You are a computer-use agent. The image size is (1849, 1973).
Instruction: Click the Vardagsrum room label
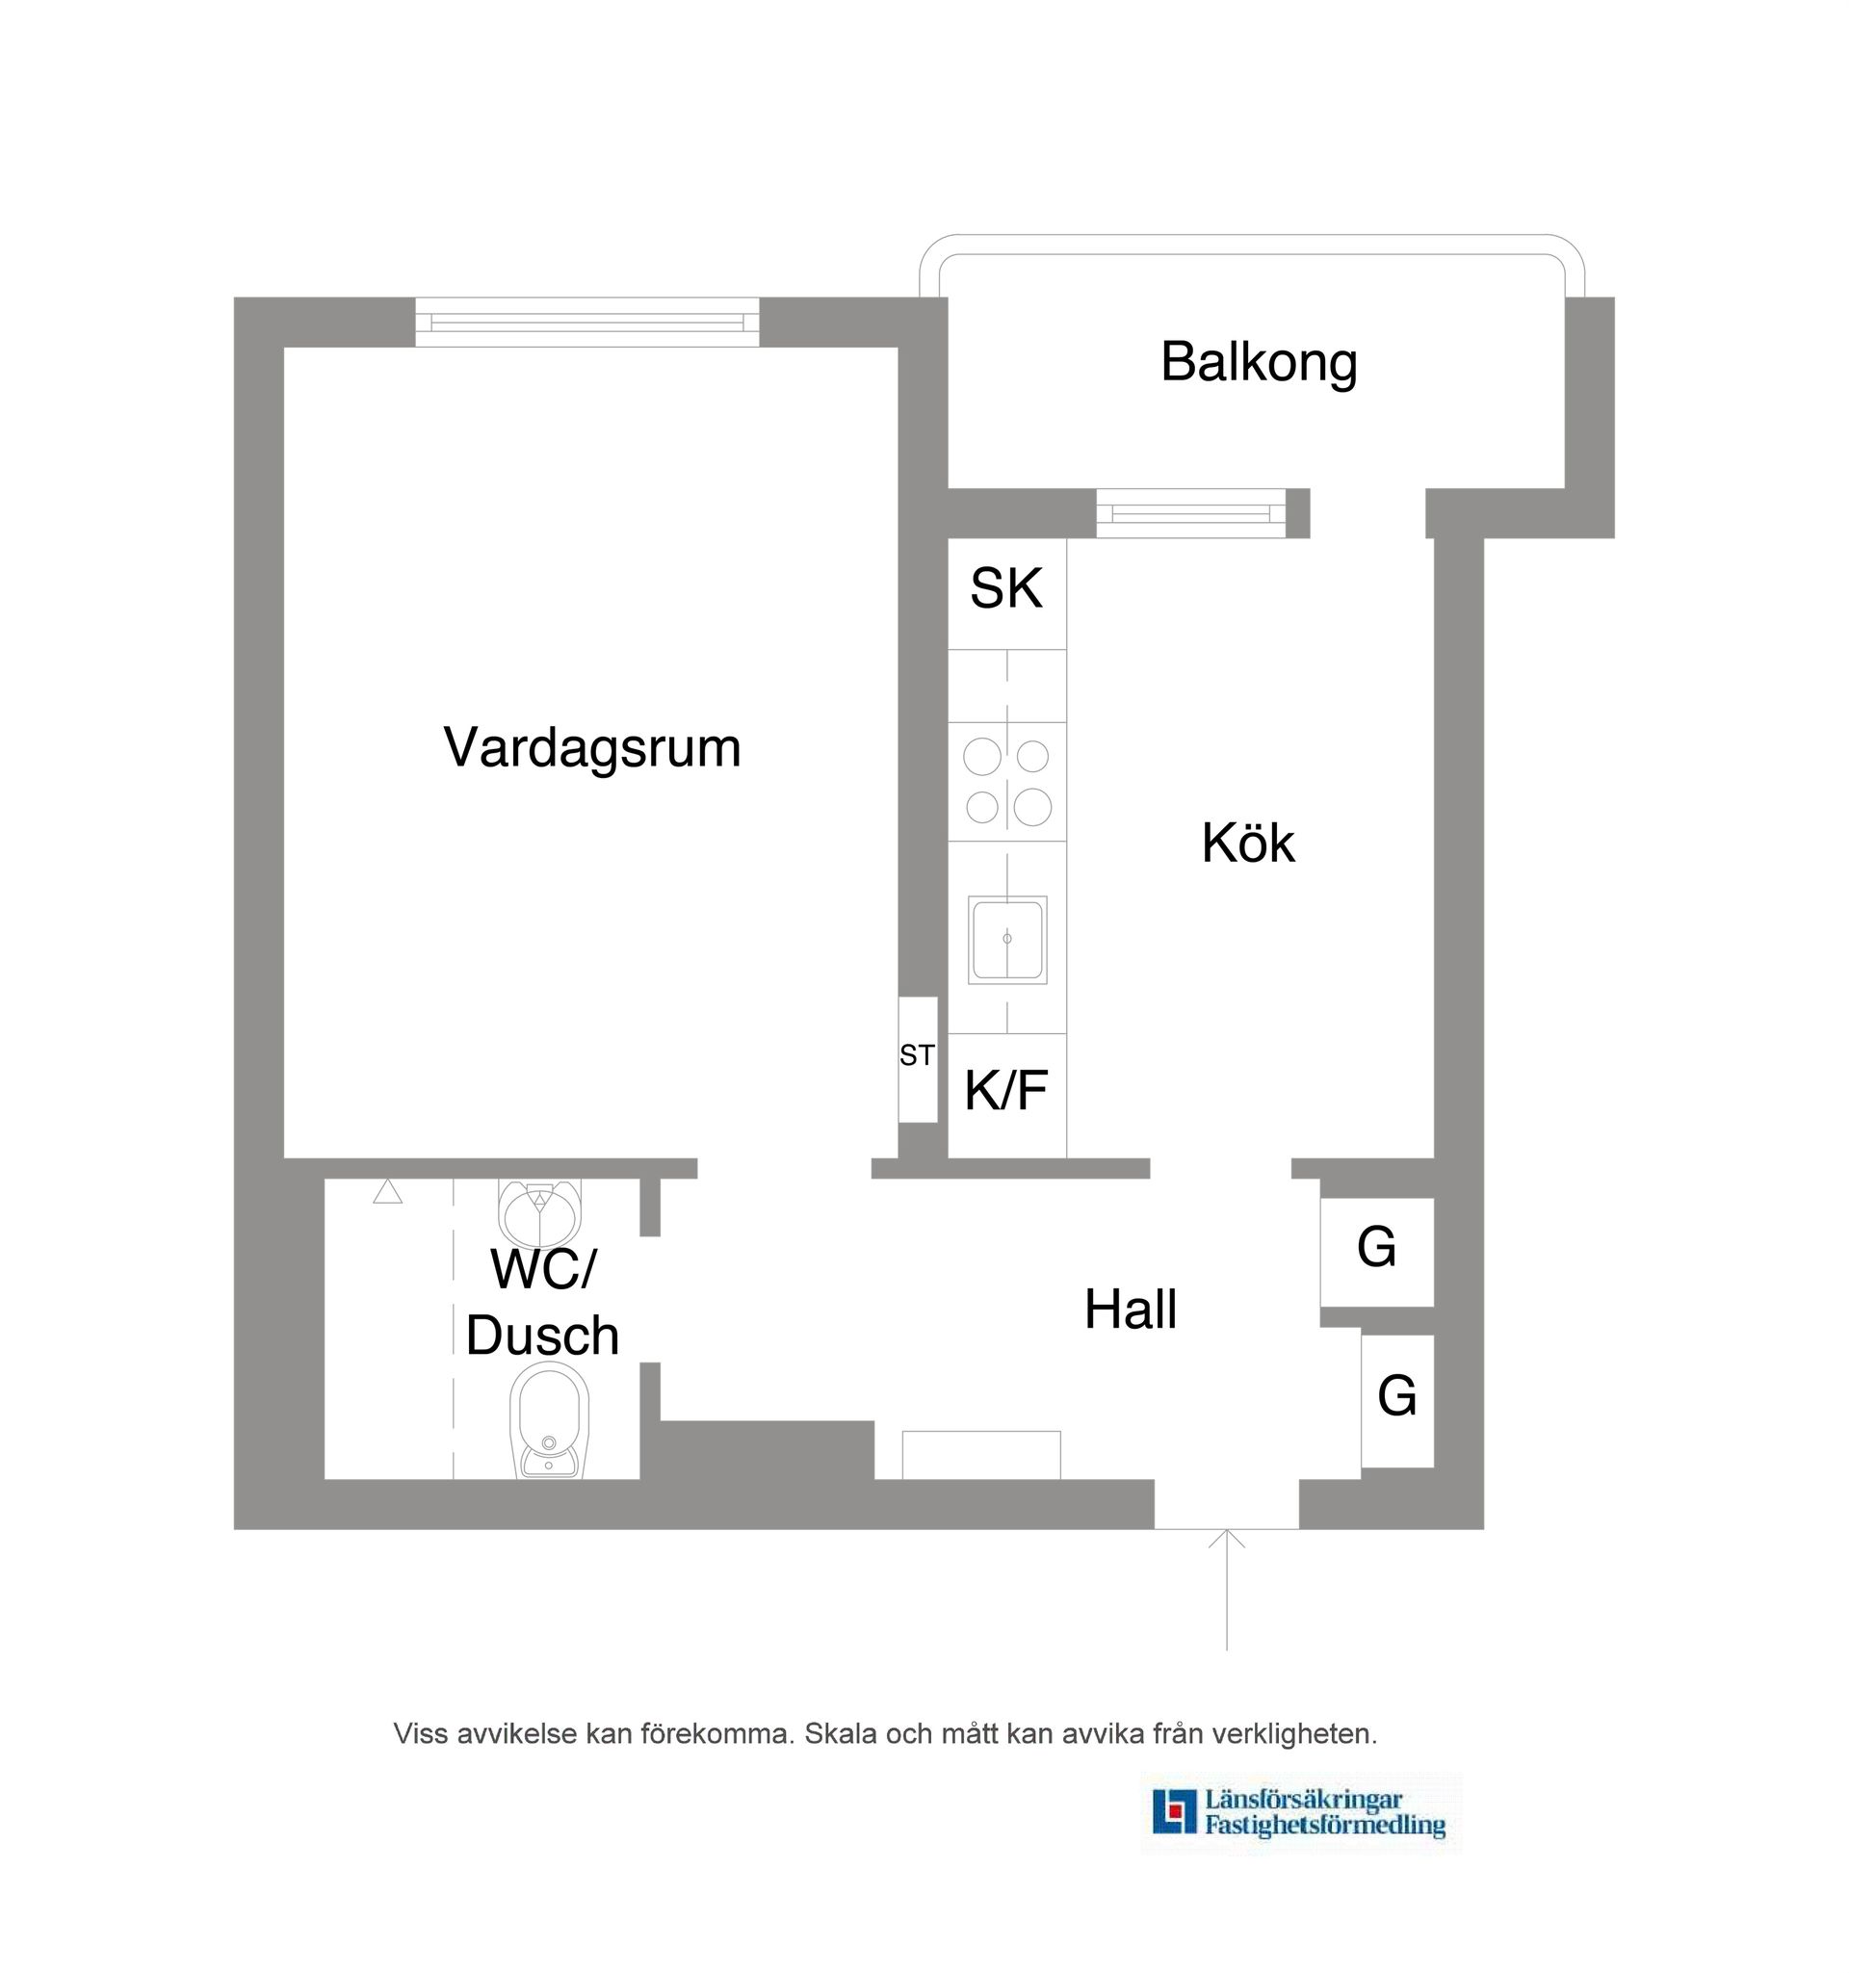pos(591,747)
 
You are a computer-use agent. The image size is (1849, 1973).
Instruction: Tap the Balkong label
pos(1258,362)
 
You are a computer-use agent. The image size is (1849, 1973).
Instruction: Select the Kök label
pos(1246,844)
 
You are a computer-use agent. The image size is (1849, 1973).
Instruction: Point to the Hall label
pos(1130,1311)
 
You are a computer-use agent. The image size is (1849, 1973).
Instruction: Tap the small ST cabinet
pos(917,1059)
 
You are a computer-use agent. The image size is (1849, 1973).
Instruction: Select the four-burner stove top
pos(1006,782)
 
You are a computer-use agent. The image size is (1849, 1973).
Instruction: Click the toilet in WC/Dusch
pos(548,1421)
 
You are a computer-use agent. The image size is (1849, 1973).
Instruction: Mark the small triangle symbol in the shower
pos(387,1192)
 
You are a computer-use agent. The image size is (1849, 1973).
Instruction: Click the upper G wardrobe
pos(1375,1251)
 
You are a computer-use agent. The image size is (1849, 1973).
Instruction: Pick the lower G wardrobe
pos(1395,1399)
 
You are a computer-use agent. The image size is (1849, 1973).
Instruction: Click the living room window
pos(586,323)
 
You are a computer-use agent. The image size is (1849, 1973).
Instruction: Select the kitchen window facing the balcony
pos(1190,514)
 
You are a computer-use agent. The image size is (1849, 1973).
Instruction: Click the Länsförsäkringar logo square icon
pos(1173,1810)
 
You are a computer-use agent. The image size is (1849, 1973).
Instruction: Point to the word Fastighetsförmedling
pos(1324,1824)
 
